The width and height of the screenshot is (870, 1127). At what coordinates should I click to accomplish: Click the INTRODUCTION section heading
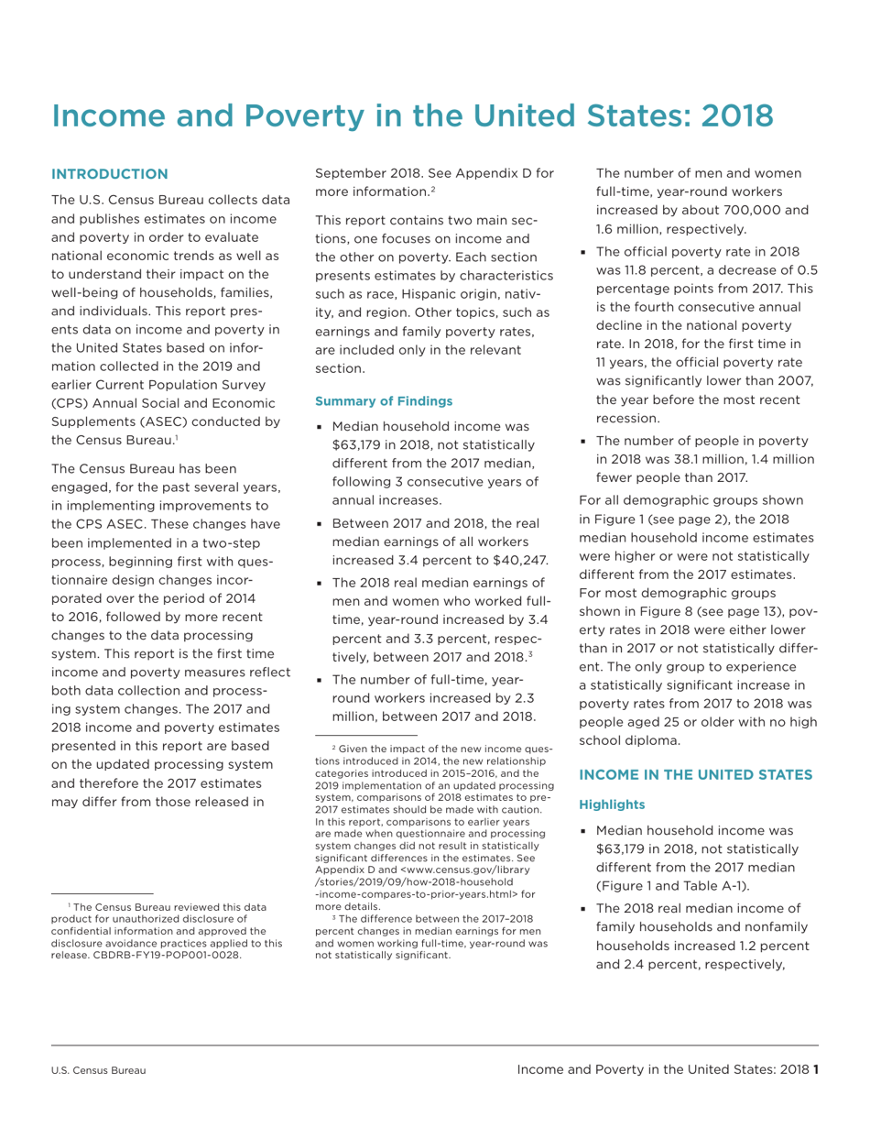tap(110, 174)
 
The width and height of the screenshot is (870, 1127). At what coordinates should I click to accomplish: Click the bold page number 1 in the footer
tap(815, 1069)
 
